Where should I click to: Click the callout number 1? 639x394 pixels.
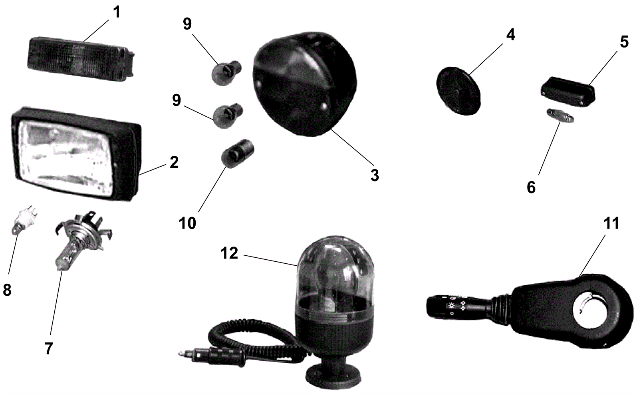(x=117, y=12)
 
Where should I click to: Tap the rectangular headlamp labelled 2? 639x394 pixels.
(x=74, y=154)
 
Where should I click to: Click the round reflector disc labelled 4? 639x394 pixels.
(x=458, y=92)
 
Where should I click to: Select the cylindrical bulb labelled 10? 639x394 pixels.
(x=237, y=154)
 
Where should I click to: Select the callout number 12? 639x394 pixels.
(x=229, y=253)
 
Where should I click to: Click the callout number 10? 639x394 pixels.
(x=187, y=223)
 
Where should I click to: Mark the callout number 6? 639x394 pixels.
(x=531, y=187)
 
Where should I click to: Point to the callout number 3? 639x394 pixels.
(x=374, y=175)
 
